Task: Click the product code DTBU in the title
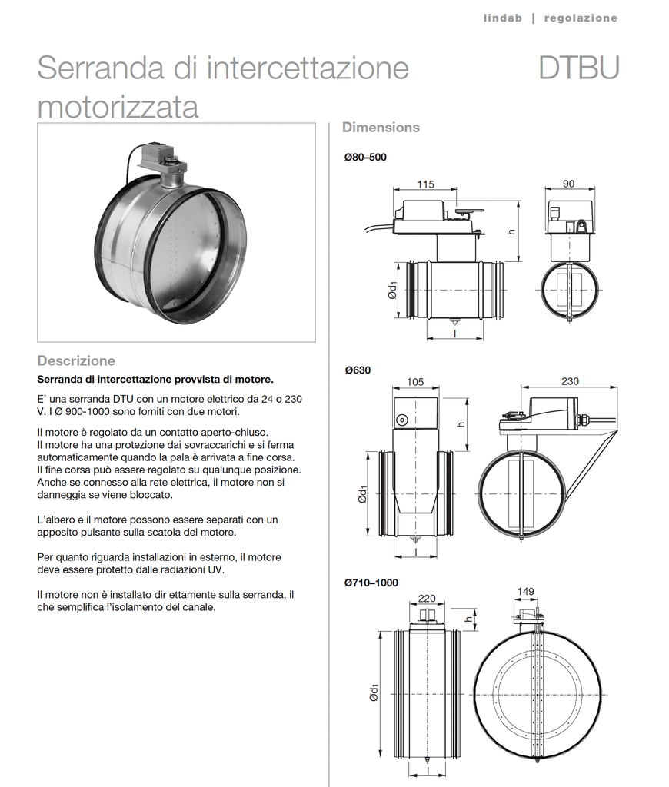tap(578, 68)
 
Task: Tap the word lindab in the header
tap(503, 18)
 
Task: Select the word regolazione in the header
tap(581, 18)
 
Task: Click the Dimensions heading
tap(381, 127)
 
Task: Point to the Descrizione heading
tap(76, 360)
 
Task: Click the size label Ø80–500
tap(365, 158)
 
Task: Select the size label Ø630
tap(358, 370)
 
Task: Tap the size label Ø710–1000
tap(371, 583)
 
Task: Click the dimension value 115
tap(425, 184)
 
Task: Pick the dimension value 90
tap(568, 184)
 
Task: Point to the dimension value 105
tap(415, 382)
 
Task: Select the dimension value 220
tap(427, 597)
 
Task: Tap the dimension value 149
tap(526, 592)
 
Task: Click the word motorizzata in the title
tap(118, 107)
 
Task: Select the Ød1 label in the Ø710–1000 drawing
tap(374, 693)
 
